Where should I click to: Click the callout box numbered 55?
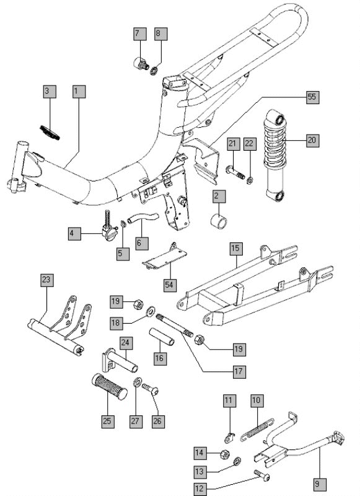pyautogui.click(x=312, y=98)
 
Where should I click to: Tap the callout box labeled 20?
pyautogui.click(x=312, y=140)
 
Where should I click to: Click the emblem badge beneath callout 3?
pyautogui.click(x=48, y=132)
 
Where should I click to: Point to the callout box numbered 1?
pyautogui.click(x=76, y=91)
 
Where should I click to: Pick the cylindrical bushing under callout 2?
pyautogui.click(x=217, y=222)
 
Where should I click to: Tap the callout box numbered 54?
pyautogui.click(x=170, y=284)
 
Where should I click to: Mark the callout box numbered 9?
pyautogui.click(x=320, y=484)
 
